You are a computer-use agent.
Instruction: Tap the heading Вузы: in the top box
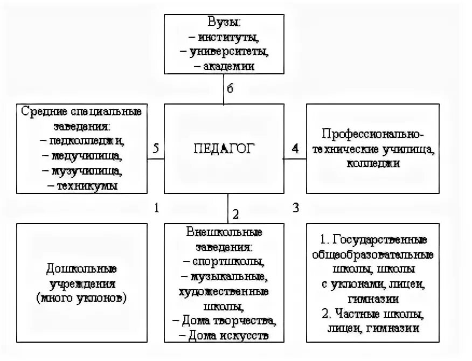(x=224, y=24)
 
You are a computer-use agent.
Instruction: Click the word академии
(x=228, y=66)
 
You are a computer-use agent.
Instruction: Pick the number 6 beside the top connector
(x=230, y=88)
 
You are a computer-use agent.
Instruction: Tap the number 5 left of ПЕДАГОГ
(x=156, y=149)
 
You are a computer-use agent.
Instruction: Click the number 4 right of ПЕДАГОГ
(x=295, y=149)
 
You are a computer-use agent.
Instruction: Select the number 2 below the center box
(x=235, y=214)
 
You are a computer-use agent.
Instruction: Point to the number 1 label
(x=157, y=207)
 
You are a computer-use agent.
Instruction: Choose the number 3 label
(x=295, y=207)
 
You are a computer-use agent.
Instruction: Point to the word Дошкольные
(x=82, y=268)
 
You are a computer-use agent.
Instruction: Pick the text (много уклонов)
(x=82, y=298)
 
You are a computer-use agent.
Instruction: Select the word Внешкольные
(x=224, y=232)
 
